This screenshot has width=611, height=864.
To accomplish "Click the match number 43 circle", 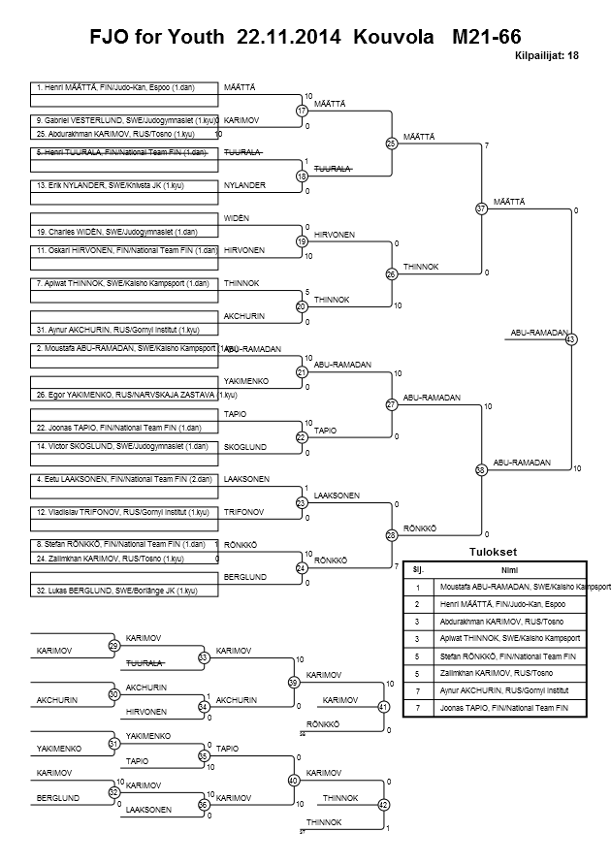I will point(570,339).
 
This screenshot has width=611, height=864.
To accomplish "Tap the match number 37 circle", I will point(481,208).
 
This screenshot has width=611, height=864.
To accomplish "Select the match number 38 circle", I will point(481,469).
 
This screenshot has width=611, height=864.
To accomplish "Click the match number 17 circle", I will point(302,111).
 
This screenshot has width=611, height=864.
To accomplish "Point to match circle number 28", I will point(392,534).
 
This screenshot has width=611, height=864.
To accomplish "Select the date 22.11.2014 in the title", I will point(288,39).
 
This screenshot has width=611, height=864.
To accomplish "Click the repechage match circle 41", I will point(383,707).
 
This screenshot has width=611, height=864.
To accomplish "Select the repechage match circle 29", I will point(113,645).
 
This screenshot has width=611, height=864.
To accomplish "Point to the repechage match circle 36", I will point(204,804).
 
